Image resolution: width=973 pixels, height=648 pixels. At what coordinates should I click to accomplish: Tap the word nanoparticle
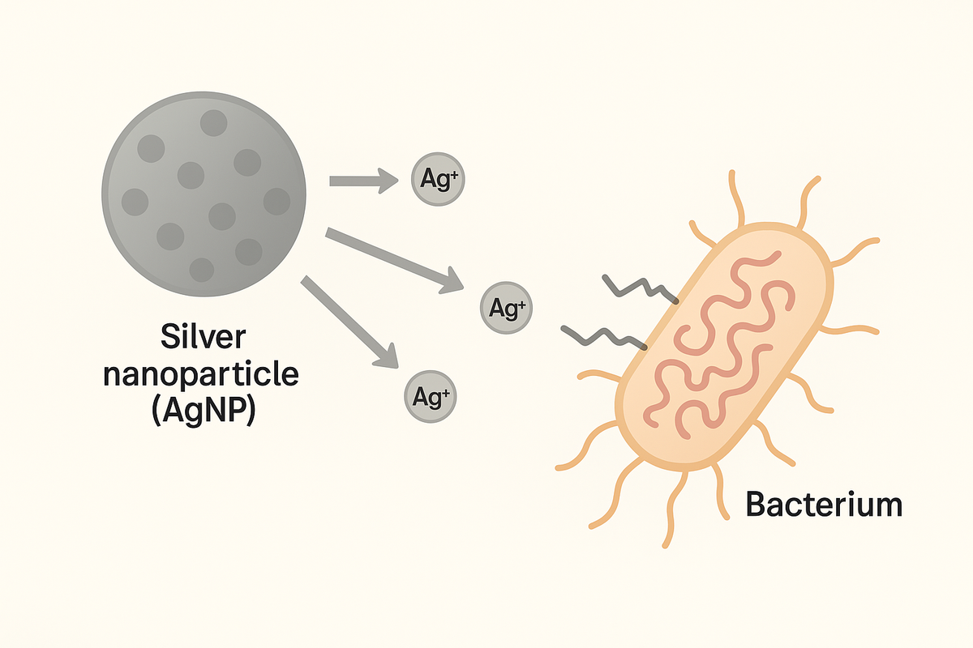pyautogui.click(x=204, y=374)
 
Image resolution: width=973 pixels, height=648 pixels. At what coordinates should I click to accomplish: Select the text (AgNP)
pyautogui.click(x=204, y=411)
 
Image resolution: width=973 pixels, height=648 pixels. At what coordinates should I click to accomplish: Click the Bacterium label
pyautogui.click(x=823, y=505)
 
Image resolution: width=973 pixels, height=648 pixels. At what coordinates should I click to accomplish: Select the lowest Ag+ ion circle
pyautogui.click(x=430, y=397)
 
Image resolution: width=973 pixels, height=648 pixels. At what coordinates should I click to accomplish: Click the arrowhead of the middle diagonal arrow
pyautogui.click(x=450, y=283)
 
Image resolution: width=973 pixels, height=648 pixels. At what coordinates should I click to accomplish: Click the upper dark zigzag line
pyautogui.click(x=641, y=290)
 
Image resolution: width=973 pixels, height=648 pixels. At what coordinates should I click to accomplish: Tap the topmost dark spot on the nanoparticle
pyautogui.click(x=214, y=123)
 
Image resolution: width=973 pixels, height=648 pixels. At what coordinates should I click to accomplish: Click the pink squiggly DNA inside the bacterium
pyautogui.click(x=714, y=340)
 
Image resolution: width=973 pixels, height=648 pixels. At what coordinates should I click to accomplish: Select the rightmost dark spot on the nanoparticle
pyautogui.click(x=276, y=201)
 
